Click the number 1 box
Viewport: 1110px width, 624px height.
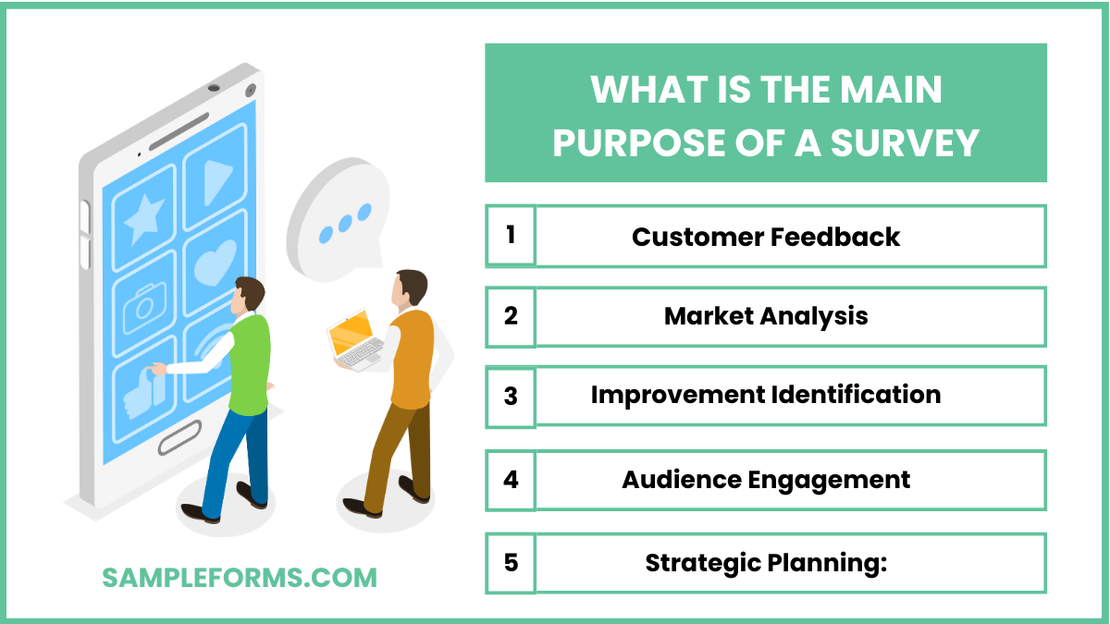(x=511, y=236)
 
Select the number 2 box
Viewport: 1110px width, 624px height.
(x=511, y=316)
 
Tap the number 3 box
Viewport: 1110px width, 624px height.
(x=511, y=397)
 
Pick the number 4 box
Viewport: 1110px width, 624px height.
(x=511, y=480)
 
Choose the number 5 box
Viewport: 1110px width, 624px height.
(x=511, y=562)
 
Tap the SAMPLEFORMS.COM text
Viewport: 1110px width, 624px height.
(x=240, y=578)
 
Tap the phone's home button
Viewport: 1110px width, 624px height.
(x=179, y=437)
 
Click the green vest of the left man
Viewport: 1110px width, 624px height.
(x=248, y=365)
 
